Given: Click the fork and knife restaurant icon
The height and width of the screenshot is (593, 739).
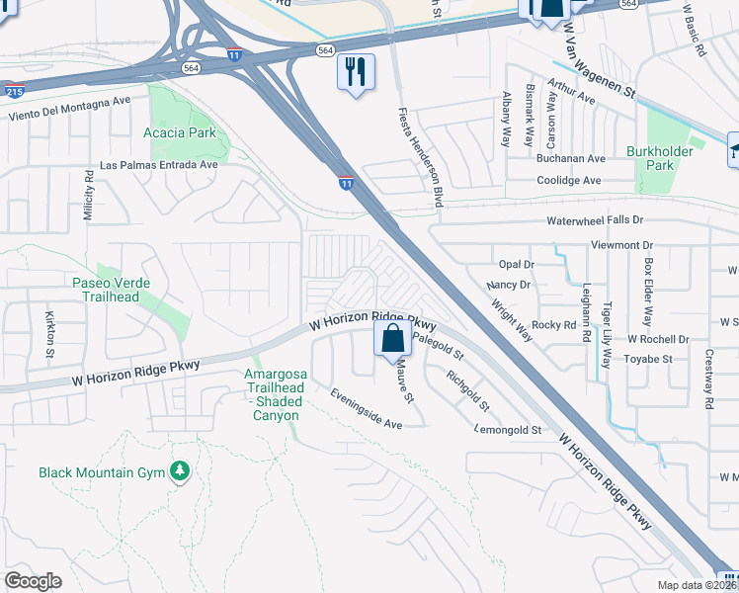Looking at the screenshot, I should pyautogui.click(x=356, y=72).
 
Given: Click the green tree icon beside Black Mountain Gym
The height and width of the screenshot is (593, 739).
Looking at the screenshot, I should pyautogui.click(x=179, y=472).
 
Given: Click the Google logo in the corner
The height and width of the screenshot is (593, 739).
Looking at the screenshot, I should pyautogui.click(x=33, y=580).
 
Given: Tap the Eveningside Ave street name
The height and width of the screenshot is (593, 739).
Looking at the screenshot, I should pyautogui.click(x=366, y=409).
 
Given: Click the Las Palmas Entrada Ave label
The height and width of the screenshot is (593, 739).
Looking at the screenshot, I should pyautogui.click(x=158, y=165).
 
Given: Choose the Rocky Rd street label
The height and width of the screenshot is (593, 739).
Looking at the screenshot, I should pyautogui.click(x=554, y=324).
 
